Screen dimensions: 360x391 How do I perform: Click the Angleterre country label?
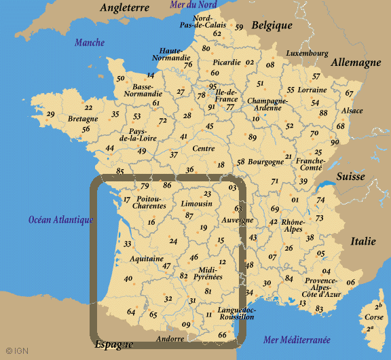coord(124,8)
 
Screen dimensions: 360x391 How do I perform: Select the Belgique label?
coord(272,26)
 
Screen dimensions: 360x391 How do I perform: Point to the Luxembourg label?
coord(307,53)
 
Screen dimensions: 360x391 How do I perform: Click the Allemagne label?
coord(356,62)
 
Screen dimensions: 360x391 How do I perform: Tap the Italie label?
coord(362,241)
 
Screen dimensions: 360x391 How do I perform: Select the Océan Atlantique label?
coord(61,219)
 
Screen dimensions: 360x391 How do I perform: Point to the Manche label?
coord(90,43)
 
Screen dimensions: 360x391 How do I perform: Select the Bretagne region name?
coord(64,119)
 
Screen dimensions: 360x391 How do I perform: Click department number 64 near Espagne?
coord(131,312)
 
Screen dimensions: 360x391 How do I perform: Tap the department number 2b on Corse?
coord(378,306)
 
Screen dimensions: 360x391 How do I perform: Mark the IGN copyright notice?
coord(14,352)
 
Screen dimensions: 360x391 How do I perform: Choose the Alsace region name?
coord(352,111)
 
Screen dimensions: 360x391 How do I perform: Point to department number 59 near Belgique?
coord(239,27)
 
